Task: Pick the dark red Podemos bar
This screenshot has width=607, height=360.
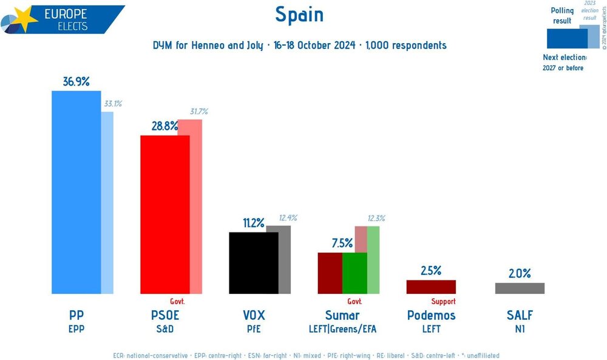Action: [431, 287]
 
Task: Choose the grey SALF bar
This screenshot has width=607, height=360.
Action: [520, 288]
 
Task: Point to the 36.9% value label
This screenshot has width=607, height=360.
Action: [76, 81]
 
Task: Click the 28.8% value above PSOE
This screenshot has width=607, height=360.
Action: [164, 126]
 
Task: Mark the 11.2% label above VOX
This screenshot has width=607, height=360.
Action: [253, 223]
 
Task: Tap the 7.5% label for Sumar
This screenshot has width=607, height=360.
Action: [342, 243]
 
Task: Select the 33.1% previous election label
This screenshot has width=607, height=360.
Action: [113, 104]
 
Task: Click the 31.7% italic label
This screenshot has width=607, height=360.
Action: [198, 112]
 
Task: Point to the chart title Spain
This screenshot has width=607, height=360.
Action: [299, 15]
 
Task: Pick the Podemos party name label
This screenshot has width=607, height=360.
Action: [431, 315]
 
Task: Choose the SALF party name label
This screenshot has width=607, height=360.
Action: [520, 315]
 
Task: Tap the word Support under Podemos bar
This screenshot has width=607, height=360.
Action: [443, 301]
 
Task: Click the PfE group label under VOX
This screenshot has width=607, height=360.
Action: [253, 329]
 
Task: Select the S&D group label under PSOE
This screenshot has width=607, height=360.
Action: [164, 329]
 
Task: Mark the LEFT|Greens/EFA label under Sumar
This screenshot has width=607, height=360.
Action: [342, 329]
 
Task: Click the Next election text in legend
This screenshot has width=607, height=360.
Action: [565, 58]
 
